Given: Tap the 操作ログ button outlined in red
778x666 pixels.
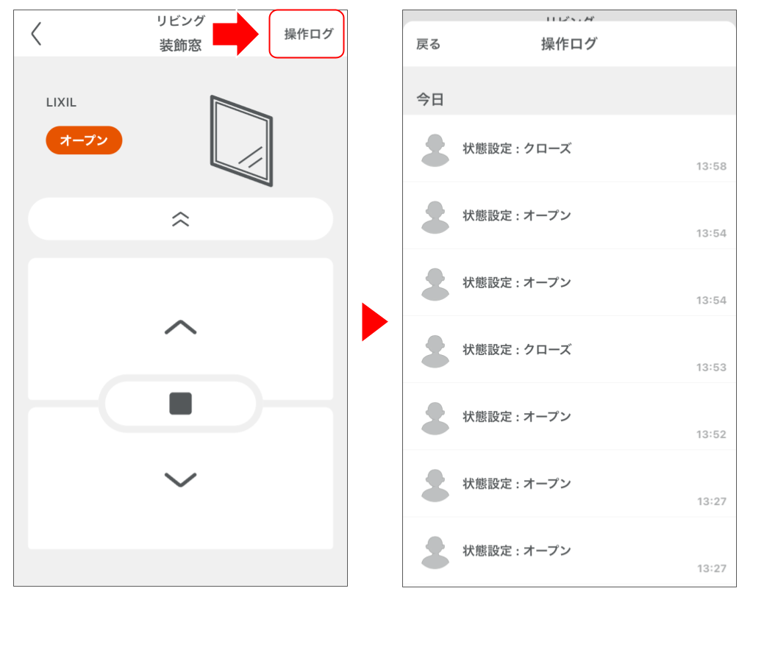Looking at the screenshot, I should click(x=307, y=34).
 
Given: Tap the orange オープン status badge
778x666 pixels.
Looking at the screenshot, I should click(x=84, y=140).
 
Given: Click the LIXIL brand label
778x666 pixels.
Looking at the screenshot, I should click(x=61, y=102).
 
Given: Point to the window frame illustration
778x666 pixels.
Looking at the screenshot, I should click(x=241, y=140).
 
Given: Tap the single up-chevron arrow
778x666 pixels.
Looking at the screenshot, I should click(x=180, y=328).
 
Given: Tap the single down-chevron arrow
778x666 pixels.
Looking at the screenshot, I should click(x=180, y=480).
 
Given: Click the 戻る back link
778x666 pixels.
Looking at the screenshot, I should click(x=428, y=44).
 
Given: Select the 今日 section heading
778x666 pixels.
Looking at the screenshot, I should click(x=430, y=99).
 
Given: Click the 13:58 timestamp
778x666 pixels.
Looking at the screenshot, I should click(x=711, y=166).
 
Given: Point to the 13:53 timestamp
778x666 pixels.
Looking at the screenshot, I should click(x=711, y=368).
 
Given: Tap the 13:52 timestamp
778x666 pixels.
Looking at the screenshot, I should click(x=711, y=434).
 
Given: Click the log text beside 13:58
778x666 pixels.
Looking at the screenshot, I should click(x=516, y=148).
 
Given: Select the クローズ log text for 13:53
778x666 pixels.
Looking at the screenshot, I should click(x=516, y=350).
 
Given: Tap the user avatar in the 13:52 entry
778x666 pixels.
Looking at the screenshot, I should click(x=435, y=418).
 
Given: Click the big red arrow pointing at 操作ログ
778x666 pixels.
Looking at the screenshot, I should click(x=235, y=34).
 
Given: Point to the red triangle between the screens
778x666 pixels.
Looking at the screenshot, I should click(x=374, y=322).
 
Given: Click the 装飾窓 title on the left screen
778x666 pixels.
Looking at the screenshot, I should click(x=180, y=46).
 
